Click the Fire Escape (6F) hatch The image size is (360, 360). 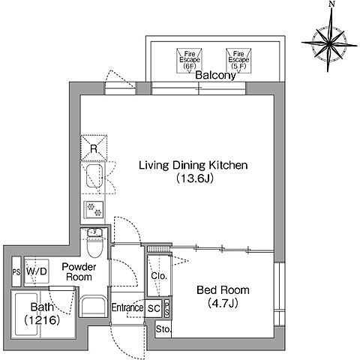pos(189,61)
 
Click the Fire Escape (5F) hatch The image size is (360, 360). pos(238,61)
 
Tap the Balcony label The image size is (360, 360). pos(215,75)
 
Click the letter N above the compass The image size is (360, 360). pos(331,4)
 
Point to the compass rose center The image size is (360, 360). pos(329,44)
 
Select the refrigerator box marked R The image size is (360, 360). pos(94,148)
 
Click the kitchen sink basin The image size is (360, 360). pos(94,176)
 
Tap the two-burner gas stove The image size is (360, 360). pos(94,209)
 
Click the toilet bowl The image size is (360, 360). pos(94,247)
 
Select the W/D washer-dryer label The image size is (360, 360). pos(37,271)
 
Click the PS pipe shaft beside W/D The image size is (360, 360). pos(16,271)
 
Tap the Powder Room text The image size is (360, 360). pos(79,272)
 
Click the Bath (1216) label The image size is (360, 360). pos(42,313)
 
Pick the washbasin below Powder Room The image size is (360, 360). pos(93,306)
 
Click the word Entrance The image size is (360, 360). pos(127,307)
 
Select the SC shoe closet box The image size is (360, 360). pos(154,308)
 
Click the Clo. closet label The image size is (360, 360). pos(159,276)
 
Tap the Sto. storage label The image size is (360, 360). pos(163,329)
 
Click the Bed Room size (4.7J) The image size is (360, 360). pos(223,303)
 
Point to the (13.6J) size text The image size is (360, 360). pos(195,178)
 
